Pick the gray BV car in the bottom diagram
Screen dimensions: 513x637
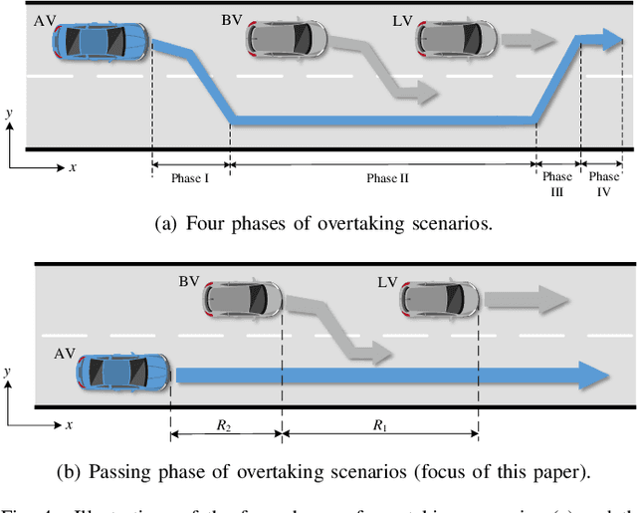(x=243, y=298)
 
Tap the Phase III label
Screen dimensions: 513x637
(x=556, y=184)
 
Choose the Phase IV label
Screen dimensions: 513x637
(x=601, y=184)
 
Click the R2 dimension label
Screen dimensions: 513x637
(x=227, y=425)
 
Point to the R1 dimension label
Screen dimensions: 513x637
(x=380, y=425)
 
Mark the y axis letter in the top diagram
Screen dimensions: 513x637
(x=9, y=114)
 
